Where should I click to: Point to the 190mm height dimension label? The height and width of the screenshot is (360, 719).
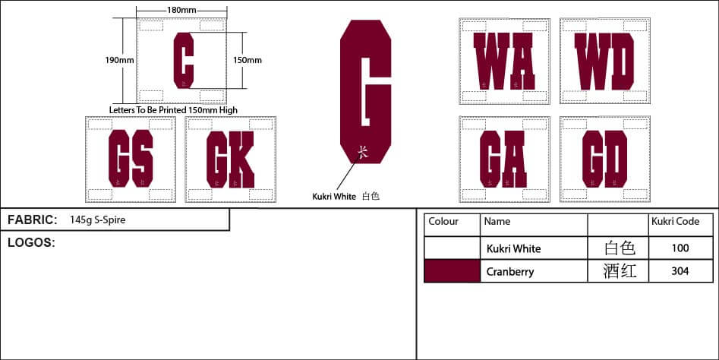point(119,59)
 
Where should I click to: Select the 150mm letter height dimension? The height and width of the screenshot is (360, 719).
point(248,59)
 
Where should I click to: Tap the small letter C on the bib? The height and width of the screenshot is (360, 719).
point(183,60)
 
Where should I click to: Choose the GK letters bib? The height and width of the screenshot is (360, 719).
point(229,159)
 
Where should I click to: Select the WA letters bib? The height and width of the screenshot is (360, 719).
point(503,61)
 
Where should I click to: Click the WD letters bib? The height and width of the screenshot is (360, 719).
point(604,61)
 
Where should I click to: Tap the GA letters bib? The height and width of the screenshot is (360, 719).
point(503,159)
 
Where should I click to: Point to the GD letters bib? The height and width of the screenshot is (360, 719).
point(604,159)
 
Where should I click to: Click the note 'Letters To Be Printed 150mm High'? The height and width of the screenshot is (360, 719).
point(174,110)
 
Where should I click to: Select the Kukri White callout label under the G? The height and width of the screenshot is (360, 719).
point(334,196)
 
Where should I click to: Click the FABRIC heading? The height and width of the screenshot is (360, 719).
point(32,220)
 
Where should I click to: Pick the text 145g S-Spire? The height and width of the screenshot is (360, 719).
point(97,220)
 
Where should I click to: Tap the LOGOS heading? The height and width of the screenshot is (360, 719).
point(30,242)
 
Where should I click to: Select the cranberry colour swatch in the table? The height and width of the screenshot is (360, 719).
point(452,271)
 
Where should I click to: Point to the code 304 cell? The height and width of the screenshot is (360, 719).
point(680,271)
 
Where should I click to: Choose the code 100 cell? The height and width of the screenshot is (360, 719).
point(680,248)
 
